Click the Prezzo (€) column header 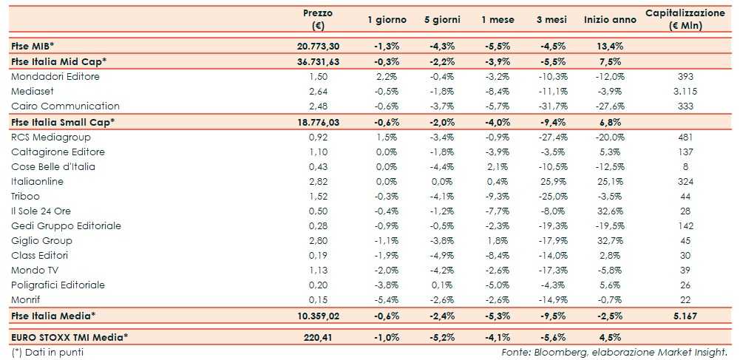[x=318, y=19]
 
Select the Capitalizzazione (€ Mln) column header [x=685, y=19]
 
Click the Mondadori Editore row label [x=55, y=76]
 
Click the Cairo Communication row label [x=65, y=106]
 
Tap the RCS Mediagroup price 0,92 [x=318, y=137]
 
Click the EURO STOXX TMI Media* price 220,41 [x=319, y=338]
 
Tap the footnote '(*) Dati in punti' [x=47, y=352]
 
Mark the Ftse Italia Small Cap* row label [x=63, y=122]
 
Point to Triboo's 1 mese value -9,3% [x=495, y=196]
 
